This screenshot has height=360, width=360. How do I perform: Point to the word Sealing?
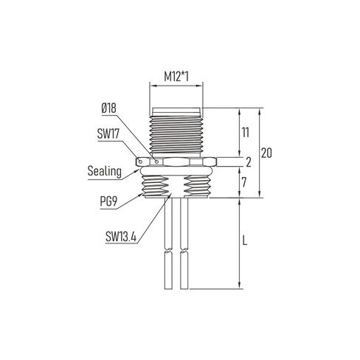click(104, 171)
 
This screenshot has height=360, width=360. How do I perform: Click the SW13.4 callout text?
click(120, 238)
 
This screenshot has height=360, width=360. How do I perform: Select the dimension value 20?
click(269, 153)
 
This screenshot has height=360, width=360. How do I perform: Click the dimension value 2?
click(249, 161)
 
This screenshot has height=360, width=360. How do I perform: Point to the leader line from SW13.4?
click(152, 217)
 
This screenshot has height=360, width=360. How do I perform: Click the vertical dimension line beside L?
click(242, 243)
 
